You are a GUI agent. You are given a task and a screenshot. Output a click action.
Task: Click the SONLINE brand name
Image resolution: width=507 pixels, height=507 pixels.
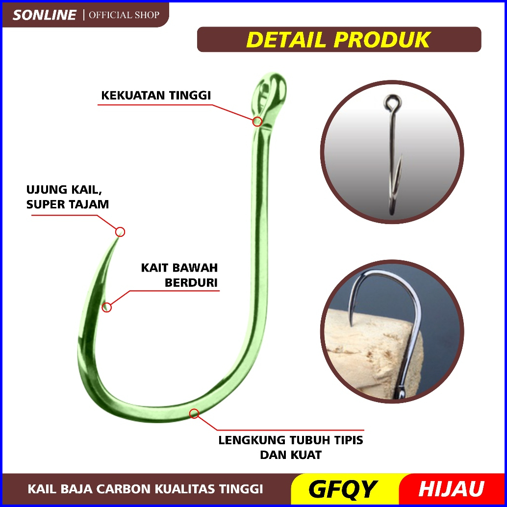pos(45,15)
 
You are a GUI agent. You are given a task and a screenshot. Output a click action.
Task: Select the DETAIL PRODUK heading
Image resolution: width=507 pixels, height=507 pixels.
pos(338,40)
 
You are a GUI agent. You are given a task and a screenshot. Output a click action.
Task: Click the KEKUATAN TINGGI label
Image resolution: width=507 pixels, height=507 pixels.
pos(156,95)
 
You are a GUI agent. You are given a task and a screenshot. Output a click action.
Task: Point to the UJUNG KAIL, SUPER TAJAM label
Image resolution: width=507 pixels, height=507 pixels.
pos(68,197)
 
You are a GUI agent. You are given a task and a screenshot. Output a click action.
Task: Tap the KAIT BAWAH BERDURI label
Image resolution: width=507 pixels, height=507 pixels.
pos(179,275)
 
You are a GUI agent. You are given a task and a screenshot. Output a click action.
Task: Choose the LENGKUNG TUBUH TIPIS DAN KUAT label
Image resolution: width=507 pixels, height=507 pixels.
pos(291,447)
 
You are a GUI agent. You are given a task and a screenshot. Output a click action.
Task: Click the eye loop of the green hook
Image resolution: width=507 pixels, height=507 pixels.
pos(269,91)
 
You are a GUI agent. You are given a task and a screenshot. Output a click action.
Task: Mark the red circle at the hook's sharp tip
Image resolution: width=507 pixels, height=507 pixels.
pos(120,232)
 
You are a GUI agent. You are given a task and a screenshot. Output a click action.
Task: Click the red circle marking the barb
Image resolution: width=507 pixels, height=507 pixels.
pos(107,307)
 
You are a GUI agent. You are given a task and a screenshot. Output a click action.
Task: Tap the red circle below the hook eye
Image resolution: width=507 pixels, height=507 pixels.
pos(257,121)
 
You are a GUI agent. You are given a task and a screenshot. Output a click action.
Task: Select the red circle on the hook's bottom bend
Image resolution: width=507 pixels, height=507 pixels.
pos(194,413)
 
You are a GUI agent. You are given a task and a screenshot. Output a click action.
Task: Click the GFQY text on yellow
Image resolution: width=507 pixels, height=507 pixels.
pos(343,489)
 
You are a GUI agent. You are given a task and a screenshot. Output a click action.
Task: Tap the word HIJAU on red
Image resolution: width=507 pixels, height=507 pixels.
pos(451,489)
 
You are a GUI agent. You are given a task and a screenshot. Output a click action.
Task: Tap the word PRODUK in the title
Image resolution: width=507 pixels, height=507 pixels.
pos(383,40)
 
